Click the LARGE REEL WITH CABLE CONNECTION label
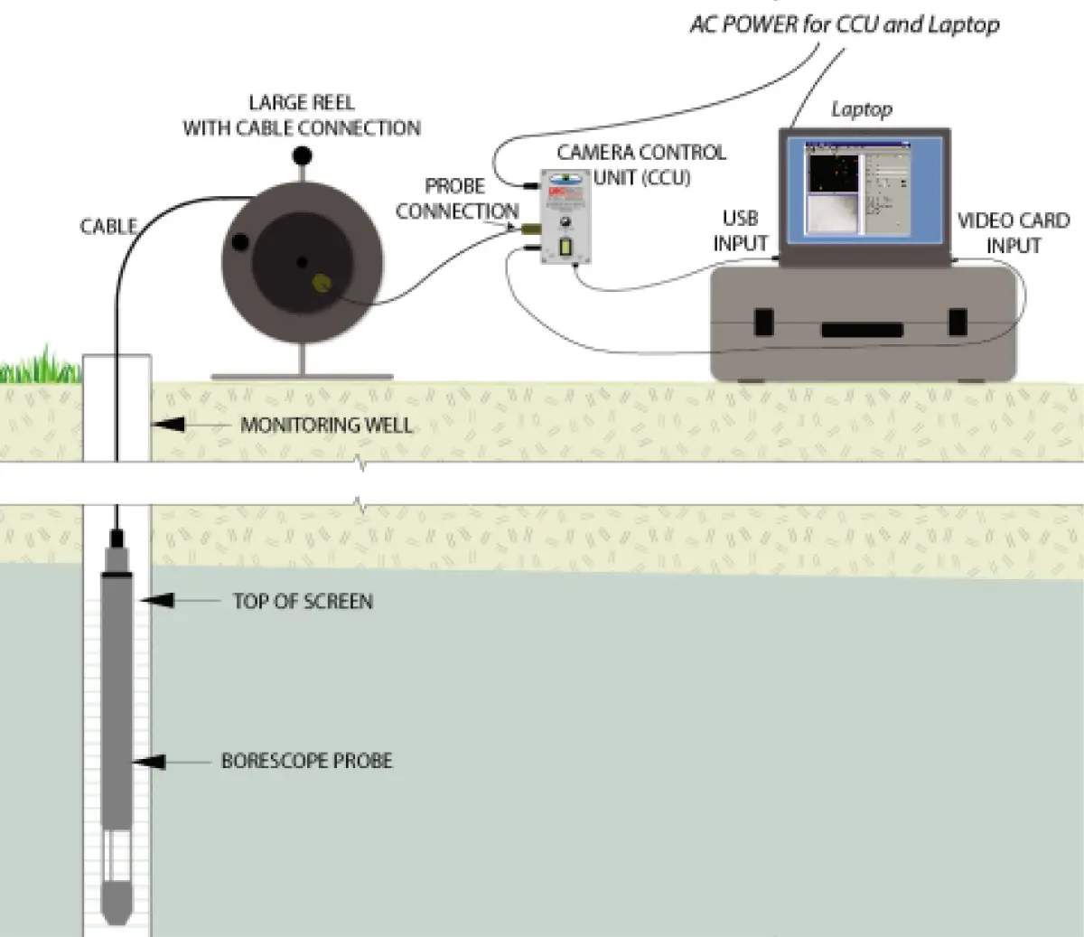(302, 116)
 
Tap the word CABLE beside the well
(108, 226)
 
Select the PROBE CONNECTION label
(456, 199)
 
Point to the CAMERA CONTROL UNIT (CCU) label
(641, 164)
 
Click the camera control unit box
(565, 218)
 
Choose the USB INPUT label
(740, 231)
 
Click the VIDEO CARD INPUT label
(1013, 233)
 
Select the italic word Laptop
(862, 109)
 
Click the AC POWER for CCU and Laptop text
(845, 24)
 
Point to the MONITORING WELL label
(326, 425)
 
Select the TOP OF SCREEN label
(303, 602)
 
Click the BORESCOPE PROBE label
(307, 761)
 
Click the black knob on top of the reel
(302, 156)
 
